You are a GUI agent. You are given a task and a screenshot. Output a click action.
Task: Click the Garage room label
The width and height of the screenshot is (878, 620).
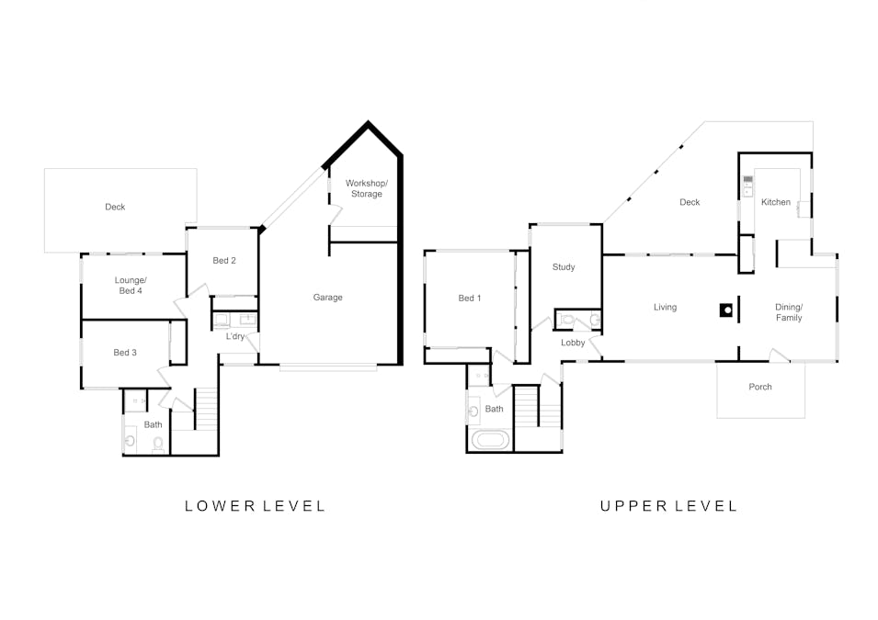(327, 297)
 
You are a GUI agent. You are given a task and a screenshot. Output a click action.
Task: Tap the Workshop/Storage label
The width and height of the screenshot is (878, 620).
(367, 188)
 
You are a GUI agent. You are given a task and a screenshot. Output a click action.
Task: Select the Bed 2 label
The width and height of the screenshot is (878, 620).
(224, 260)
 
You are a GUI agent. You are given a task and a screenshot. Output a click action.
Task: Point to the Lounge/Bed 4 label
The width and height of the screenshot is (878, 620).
(131, 286)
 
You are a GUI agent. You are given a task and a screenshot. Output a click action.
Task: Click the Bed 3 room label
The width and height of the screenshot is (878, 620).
(125, 353)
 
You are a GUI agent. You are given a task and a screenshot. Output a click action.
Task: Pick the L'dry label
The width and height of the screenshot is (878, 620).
(235, 336)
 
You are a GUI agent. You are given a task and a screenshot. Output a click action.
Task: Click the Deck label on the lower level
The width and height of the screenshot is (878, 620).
(115, 207)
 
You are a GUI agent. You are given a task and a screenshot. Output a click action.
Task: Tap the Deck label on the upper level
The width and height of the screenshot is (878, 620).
(690, 202)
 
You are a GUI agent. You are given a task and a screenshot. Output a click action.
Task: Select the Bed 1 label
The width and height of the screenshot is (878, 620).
(469, 299)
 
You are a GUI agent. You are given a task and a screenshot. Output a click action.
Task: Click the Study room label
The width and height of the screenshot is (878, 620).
(564, 267)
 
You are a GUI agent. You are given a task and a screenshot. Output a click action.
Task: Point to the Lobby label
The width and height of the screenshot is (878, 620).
(573, 343)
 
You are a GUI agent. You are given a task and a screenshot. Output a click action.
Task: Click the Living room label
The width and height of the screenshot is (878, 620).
(666, 307)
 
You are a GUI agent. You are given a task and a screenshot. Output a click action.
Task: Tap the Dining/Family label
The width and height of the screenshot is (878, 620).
(789, 312)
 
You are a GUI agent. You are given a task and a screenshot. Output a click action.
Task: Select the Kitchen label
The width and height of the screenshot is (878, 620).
(776, 202)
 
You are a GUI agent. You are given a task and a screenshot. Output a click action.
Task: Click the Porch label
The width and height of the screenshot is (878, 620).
(759, 387)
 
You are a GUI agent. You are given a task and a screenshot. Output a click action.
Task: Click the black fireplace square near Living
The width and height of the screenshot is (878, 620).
(726, 310)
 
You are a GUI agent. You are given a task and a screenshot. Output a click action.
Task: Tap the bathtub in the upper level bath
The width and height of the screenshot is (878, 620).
(491, 440)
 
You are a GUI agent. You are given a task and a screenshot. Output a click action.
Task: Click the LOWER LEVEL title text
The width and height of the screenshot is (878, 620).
(256, 506)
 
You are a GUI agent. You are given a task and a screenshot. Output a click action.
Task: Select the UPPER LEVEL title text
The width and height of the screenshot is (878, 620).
(669, 506)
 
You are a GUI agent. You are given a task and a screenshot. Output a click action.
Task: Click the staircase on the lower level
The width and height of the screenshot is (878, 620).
(206, 409)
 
